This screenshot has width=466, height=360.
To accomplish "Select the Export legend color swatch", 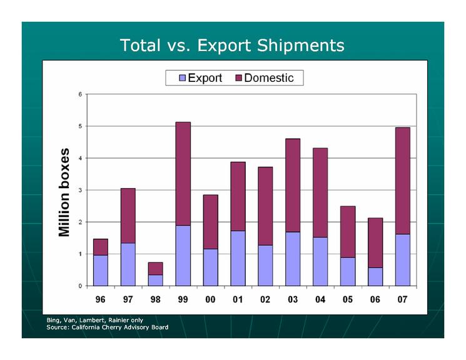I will click(183, 78).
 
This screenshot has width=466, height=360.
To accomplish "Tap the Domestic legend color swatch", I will click(238, 78).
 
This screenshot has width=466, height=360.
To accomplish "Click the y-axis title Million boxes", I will click(64, 192).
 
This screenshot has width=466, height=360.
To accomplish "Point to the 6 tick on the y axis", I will click(79, 94).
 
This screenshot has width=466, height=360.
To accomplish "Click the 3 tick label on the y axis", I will click(79, 190).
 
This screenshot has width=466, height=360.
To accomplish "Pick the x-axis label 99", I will click(183, 299).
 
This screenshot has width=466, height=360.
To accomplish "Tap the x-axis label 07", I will click(402, 299).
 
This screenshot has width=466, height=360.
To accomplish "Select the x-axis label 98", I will click(155, 299).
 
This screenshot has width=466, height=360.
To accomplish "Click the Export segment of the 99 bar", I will click(183, 256).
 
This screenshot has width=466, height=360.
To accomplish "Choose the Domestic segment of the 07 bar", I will click(402, 181).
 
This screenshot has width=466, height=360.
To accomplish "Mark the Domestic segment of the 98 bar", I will click(155, 269).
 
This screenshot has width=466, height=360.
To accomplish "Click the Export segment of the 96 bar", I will click(101, 270).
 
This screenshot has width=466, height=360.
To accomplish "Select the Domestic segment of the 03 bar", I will click(293, 185).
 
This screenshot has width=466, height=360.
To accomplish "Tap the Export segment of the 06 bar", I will click(375, 276).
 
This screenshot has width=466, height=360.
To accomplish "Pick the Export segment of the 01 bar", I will click(238, 258).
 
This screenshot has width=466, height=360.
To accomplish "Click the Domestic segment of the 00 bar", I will click(210, 222).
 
